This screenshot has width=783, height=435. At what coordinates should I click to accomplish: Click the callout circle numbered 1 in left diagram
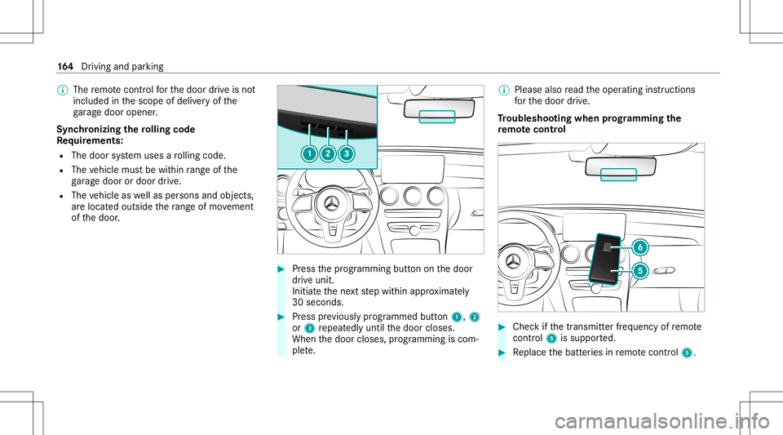(x=310, y=153)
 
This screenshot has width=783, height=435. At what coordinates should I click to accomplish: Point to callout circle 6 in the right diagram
(x=640, y=246)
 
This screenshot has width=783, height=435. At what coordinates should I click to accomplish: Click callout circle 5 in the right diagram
(x=640, y=270)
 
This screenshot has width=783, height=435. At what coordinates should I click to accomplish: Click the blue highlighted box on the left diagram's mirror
(x=436, y=115)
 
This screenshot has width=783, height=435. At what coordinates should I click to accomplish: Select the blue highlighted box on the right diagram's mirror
(x=617, y=172)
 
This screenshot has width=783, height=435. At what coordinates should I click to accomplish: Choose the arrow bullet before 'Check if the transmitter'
(x=502, y=327)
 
